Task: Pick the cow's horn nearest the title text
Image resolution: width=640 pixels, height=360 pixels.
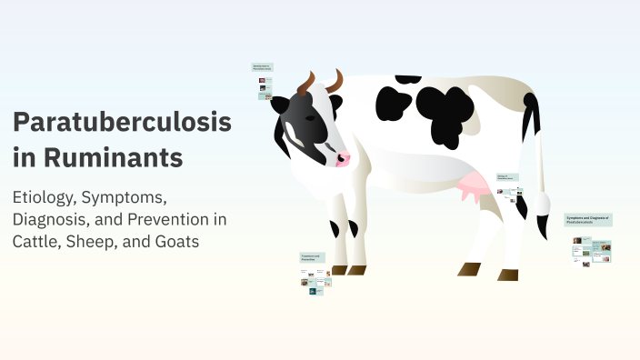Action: coord(305,85)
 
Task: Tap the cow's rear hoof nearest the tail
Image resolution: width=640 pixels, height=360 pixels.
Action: coord(507,274)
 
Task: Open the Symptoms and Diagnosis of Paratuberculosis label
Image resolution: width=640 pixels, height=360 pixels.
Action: coord(588,220)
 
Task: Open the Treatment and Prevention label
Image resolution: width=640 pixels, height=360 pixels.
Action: coord(314,258)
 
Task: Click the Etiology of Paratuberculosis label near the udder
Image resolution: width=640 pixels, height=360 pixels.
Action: coord(506,177)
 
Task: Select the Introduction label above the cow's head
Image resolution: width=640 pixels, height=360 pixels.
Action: coord(263,67)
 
